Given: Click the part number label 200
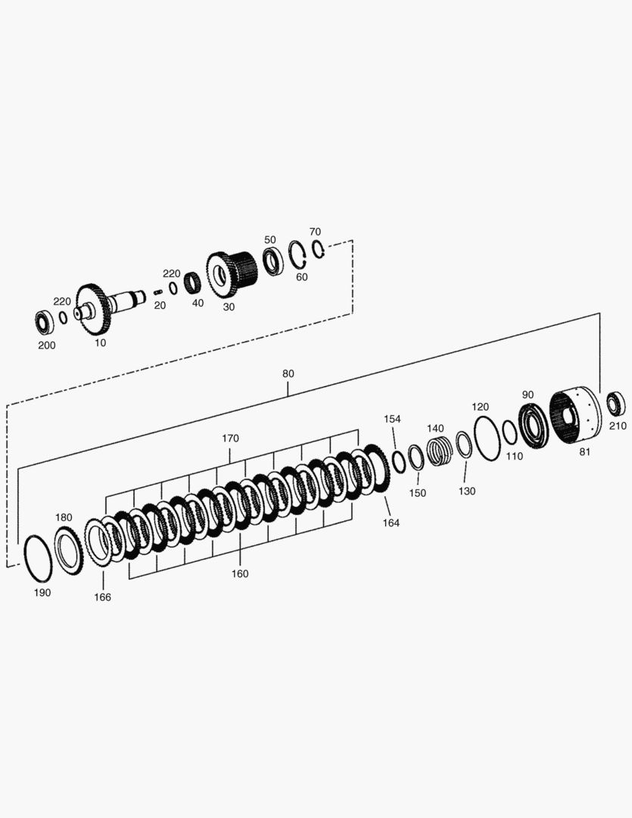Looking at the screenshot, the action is (x=47, y=345).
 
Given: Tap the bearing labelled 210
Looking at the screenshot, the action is (x=617, y=404).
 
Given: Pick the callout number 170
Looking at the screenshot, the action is (x=230, y=439).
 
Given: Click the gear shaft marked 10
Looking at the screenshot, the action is (x=110, y=308).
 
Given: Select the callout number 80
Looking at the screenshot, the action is (x=288, y=374).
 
